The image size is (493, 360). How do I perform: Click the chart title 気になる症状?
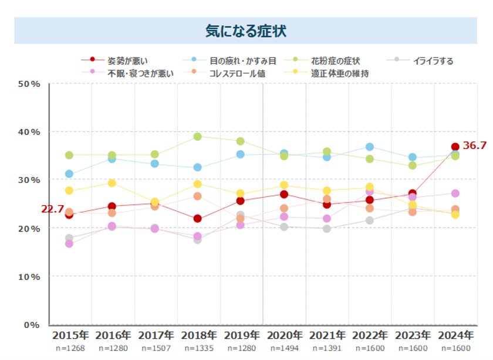pos(246,30)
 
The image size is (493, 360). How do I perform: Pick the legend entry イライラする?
pos(433,60)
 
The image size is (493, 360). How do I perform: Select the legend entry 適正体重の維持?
pos(340,74)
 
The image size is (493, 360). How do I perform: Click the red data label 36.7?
pos(475,145)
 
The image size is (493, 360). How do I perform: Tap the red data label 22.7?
pos(52,209)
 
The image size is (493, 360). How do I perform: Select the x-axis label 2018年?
pos(199,335)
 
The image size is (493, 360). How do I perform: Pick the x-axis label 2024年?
pos(455,335)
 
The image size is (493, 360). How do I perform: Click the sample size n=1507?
pos(156,348)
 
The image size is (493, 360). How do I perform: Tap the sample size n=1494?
pos(284,348)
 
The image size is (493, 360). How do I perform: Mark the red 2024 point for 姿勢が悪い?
pos(455,147)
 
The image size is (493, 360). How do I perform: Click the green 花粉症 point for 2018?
pos(198,137)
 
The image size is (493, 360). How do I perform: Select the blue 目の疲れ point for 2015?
pos(69,174)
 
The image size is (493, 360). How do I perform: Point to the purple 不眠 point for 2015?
pos(69,243)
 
